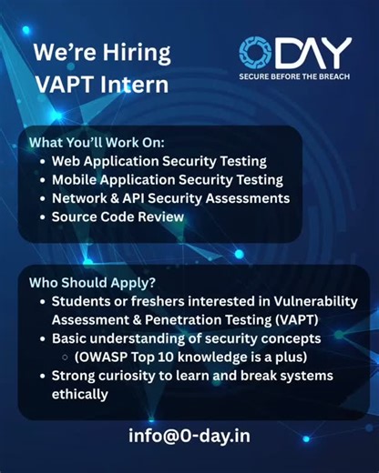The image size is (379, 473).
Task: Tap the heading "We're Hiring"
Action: (101, 52)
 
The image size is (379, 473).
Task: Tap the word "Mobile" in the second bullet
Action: (76, 179)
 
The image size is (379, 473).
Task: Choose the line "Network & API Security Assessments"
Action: (170, 197)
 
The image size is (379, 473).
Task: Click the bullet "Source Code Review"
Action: (118, 216)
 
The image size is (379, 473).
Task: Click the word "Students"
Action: (84, 301)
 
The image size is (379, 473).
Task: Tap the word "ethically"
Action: (80, 394)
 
